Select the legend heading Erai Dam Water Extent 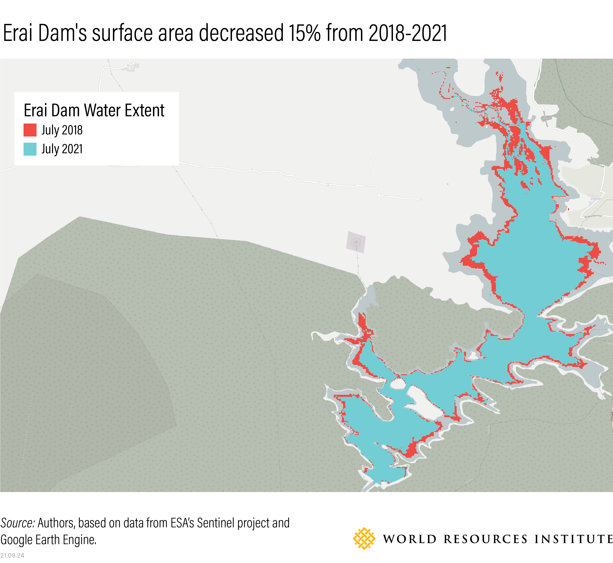tap(94, 110)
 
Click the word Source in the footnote tap(18, 523)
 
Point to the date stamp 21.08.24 tap(12, 555)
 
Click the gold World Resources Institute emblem tap(364, 539)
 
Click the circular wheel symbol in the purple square tap(356, 242)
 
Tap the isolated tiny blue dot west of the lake tap(448, 184)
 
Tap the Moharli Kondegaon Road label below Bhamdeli tap(593, 216)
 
